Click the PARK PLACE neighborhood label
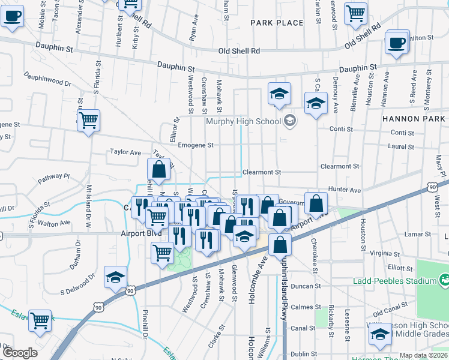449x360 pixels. [277, 23]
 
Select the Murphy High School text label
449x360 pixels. [243, 122]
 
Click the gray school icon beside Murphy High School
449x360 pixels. [290, 121]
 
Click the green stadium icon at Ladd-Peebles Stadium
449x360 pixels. [444, 280]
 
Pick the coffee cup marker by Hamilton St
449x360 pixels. [397, 43]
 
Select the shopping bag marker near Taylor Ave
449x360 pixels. [158, 170]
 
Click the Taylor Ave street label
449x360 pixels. [125, 152]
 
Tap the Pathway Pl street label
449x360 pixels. [54, 178]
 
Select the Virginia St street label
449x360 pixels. [385, 253]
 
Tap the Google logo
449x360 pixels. [19, 353]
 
